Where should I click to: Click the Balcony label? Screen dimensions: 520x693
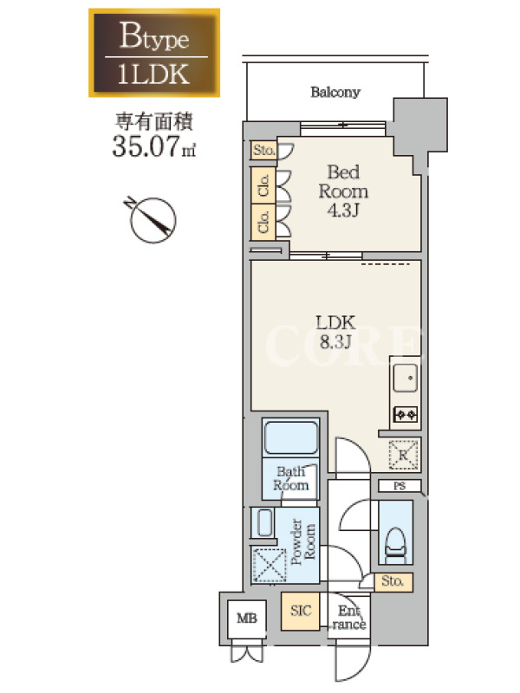[x=335, y=93]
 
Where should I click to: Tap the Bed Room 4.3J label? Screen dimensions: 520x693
[x=343, y=191]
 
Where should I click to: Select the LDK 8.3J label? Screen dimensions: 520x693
[x=335, y=332]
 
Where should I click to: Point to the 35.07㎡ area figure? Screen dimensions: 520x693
[x=154, y=146]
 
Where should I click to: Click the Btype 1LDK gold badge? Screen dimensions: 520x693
[x=154, y=53]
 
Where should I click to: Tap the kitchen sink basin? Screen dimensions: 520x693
[x=406, y=378]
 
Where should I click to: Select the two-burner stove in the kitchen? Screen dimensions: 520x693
[x=406, y=415]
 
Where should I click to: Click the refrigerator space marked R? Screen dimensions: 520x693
[x=403, y=455]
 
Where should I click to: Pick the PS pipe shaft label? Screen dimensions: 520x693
[x=400, y=486]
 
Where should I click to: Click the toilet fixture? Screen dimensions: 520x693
[x=396, y=547]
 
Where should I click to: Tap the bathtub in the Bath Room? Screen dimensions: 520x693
[x=290, y=437]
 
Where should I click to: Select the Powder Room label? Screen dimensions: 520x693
[x=303, y=542]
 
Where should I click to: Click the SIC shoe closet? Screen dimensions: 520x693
[x=300, y=612]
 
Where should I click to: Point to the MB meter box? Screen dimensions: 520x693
[x=247, y=619]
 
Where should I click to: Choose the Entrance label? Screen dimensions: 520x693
[x=349, y=618]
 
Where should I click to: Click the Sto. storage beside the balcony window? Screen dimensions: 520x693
[x=263, y=150]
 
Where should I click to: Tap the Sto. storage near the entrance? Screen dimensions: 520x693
[x=393, y=581]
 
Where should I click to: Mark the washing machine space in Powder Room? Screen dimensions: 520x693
[x=270, y=565]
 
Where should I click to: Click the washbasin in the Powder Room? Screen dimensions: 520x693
[x=264, y=523]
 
